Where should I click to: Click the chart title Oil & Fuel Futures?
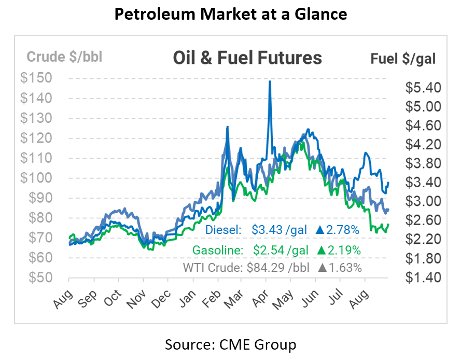[x=247, y=58]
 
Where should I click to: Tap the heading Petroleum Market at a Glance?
[x=230, y=15]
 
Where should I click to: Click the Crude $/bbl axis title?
[x=64, y=57]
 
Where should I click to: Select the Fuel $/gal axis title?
[x=403, y=58]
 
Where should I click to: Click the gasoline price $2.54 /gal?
[x=281, y=249]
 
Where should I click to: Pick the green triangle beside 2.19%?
[x=322, y=250]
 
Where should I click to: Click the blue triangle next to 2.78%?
[x=322, y=229]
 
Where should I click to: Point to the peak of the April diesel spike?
[x=270, y=81]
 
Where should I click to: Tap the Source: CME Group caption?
[x=230, y=344]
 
